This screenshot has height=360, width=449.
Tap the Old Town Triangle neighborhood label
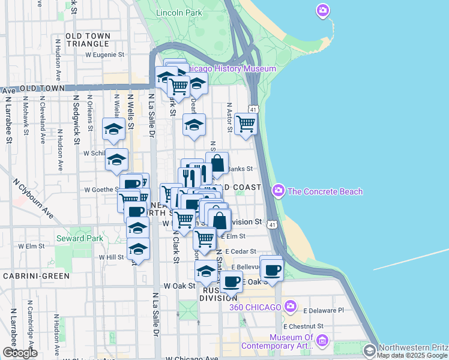coord(88,40)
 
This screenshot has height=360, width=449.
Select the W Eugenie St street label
coord(104,54)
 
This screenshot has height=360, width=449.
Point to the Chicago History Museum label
coord(231,69)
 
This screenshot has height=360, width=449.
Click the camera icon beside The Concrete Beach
coord(278,191)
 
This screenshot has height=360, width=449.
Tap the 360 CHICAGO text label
coord(255,307)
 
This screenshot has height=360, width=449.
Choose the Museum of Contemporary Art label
coord(277,341)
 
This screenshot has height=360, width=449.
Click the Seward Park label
coord(79,238)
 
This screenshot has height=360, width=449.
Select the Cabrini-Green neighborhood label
coord(36,276)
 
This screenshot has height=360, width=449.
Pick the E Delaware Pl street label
coord(324,311)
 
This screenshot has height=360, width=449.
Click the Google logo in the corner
coord(20,353)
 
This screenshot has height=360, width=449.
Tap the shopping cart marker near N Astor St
coord(246,124)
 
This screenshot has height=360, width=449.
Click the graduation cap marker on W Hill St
coord(138,249)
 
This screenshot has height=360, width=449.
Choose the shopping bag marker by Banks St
coord(217,163)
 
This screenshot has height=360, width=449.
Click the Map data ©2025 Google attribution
coord(412,355)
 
